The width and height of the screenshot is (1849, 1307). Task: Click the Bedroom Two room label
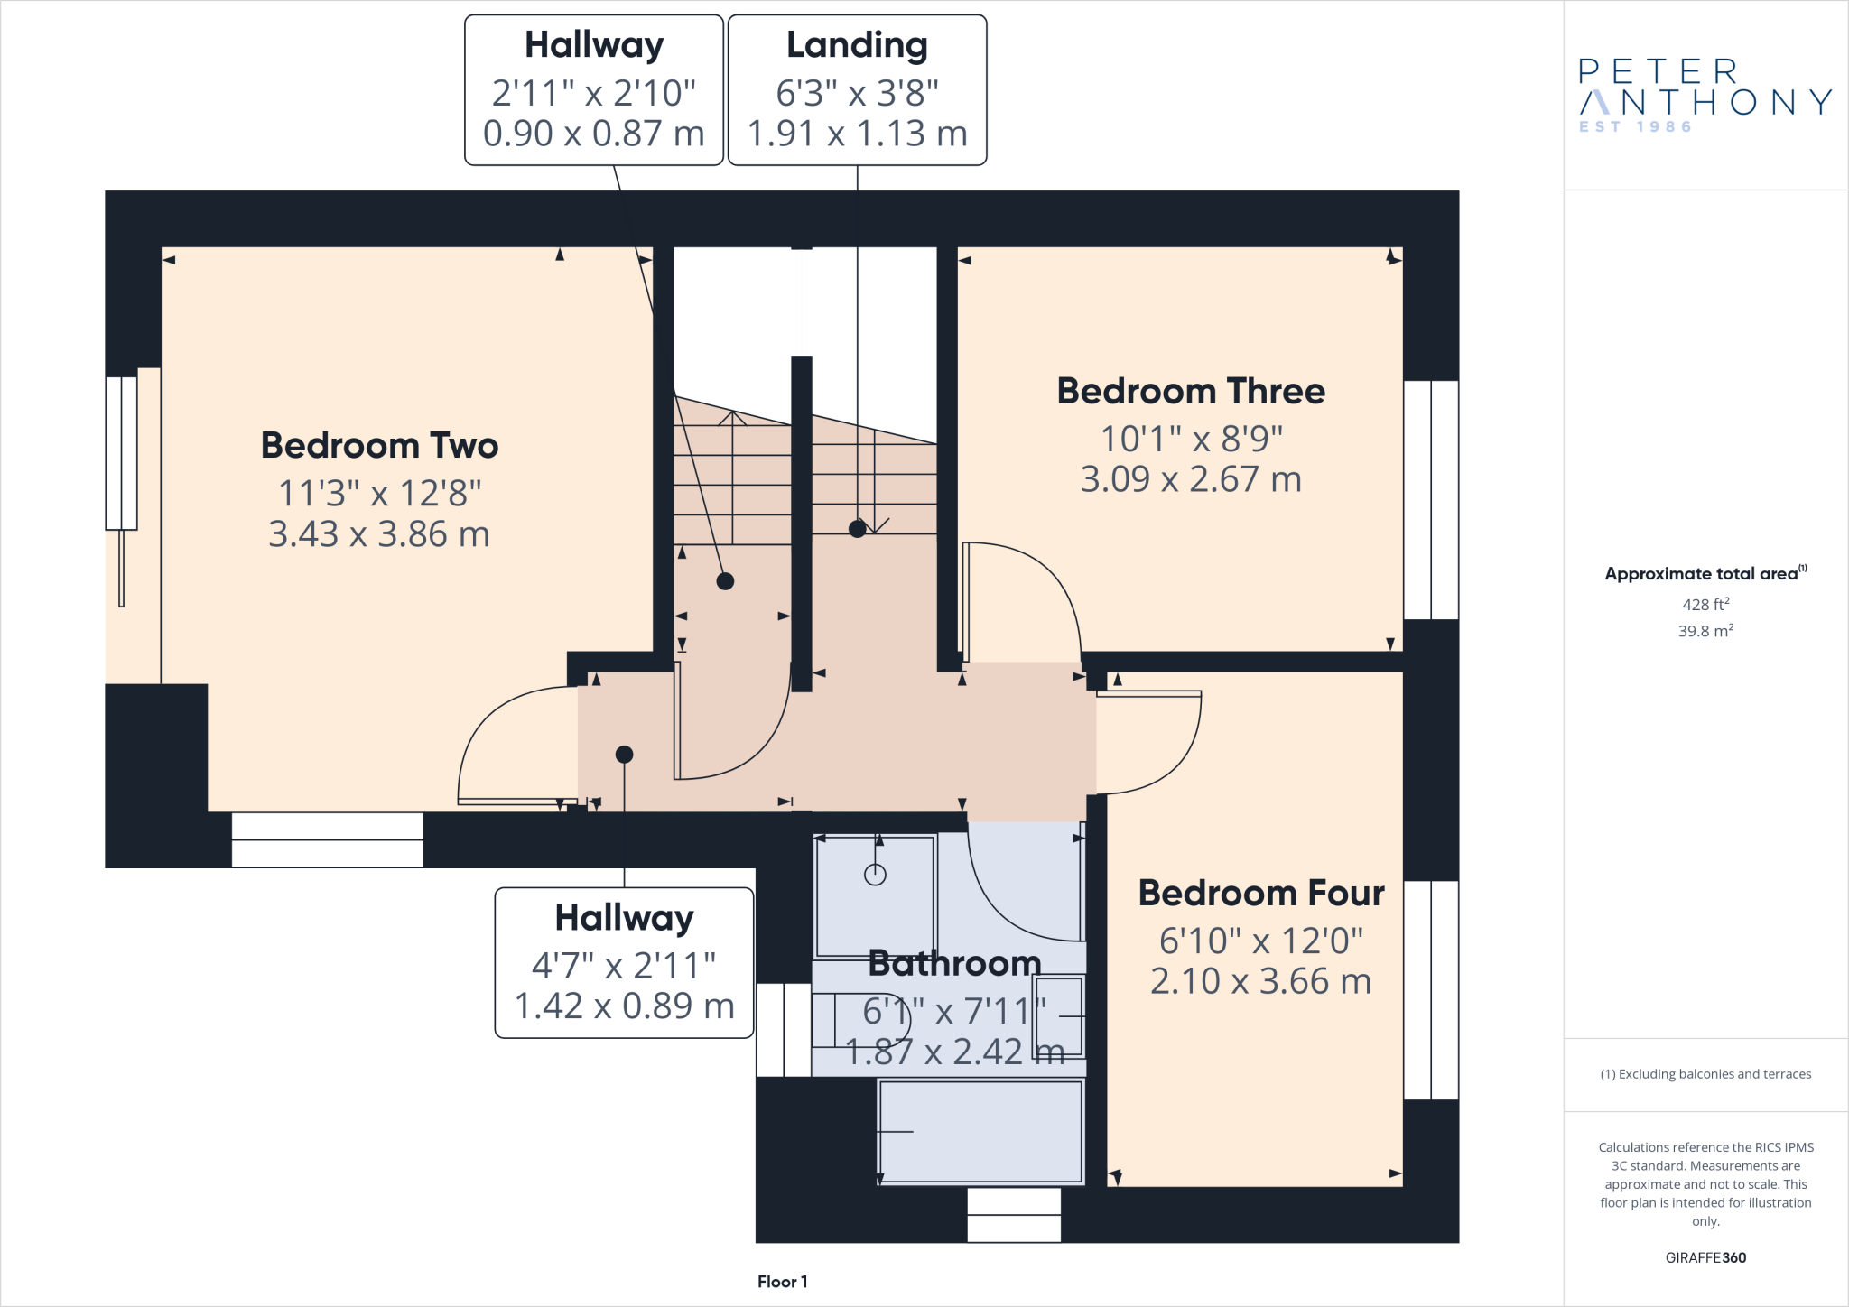click(x=379, y=446)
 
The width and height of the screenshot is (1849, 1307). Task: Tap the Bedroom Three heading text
click(x=1191, y=392)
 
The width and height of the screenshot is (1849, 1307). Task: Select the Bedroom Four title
click(x=1260, y=894)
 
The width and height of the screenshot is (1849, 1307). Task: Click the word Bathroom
click(x=954, y=964)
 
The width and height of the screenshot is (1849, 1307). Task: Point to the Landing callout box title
click(x=857, y=45)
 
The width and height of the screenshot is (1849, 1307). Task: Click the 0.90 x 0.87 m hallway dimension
click(x=593, y=134)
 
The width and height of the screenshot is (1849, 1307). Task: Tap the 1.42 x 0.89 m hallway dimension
click(x=624, y=1006)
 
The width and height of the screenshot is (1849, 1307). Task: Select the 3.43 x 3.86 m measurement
click(x=379, y=534)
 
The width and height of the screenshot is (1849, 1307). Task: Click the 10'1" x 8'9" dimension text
click(x=1191, y=440)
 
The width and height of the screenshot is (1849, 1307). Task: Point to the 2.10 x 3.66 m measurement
click(x=1260, y=981)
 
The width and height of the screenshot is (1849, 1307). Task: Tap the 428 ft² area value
click(x=1705, y=605)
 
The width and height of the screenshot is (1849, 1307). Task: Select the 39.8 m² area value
click(x=1705, y=631)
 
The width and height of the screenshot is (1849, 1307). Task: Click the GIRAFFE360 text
click(x=1705, y=1257)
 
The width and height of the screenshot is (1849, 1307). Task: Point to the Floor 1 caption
click(x=782, y=1282)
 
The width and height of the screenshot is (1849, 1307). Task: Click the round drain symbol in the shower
click(x=875, y=874)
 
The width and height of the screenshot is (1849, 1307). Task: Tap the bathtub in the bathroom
click(x=980, y=1132)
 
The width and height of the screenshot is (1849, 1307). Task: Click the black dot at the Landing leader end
click(x=857, y=529)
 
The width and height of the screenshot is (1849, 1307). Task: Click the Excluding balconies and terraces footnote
click(x=1705, y=1074)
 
